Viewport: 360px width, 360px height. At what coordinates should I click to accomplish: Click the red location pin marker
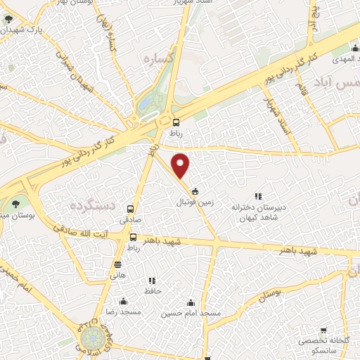[x=181, y=166]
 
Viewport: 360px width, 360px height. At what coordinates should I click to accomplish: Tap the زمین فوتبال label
[x=193, y=201]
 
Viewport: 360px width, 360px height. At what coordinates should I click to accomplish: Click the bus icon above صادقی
[x=130, y=209]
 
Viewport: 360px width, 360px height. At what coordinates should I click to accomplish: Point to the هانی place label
[x=118, y=276]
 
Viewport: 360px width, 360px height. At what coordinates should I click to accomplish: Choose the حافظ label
[x=153, y=290]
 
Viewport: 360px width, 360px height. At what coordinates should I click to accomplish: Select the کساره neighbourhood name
[x=158, y=58]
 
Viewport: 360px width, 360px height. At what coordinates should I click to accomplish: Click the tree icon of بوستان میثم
[x=15, y=204]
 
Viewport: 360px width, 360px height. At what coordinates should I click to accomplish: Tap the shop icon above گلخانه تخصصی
[x=323, y=330]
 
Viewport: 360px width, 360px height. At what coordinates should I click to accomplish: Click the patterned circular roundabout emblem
[x=91, y=340]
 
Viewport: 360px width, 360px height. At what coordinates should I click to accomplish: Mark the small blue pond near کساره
[x=145, y=103]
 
